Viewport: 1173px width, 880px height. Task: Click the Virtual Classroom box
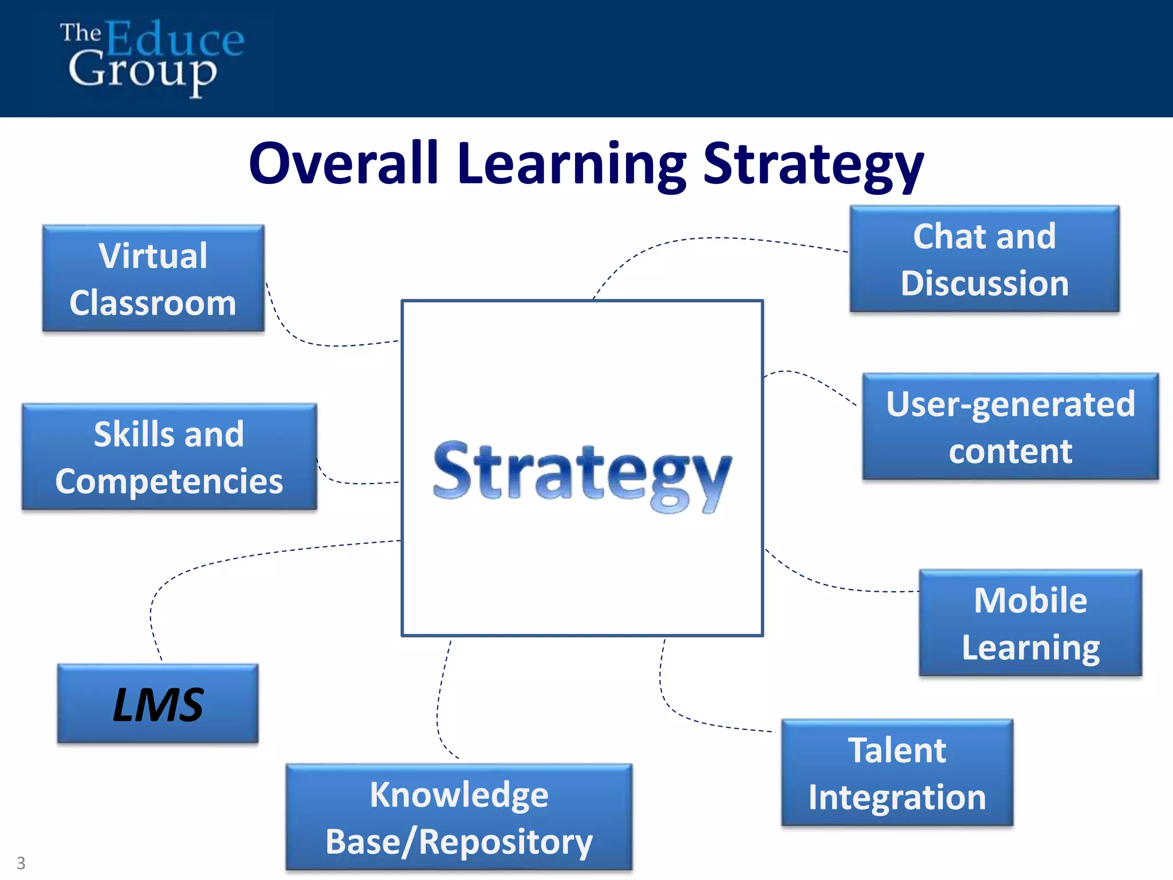pyautogui.click(x=153, y=278)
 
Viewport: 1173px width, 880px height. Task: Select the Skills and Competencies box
pyautogui.click(x=169, y=457)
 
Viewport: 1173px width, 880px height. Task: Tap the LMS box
pyautogui.click(x=158, y=704)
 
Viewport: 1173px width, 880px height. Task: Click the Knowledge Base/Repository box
pyautogui.click(x=459, y=818)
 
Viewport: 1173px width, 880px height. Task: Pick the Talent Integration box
pyautogui.click(x=897, y=773)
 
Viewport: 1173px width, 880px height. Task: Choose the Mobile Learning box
pyautogui.click(x=1030, y=623)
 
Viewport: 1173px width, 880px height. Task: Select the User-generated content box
pyautogui.click(x=1010, y=427)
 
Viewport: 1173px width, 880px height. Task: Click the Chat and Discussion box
pyautogui.click(x=984, y=259)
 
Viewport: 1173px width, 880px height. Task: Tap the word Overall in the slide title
pyautogui.click(x=344, y=164)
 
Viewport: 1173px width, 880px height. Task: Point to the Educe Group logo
pyautogui.click(x=152, y=57)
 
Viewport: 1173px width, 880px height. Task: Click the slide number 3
pyautogui.click(x=21, y=863)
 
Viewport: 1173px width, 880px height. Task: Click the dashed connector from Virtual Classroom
pyautogui.click(x=304, y=342)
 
